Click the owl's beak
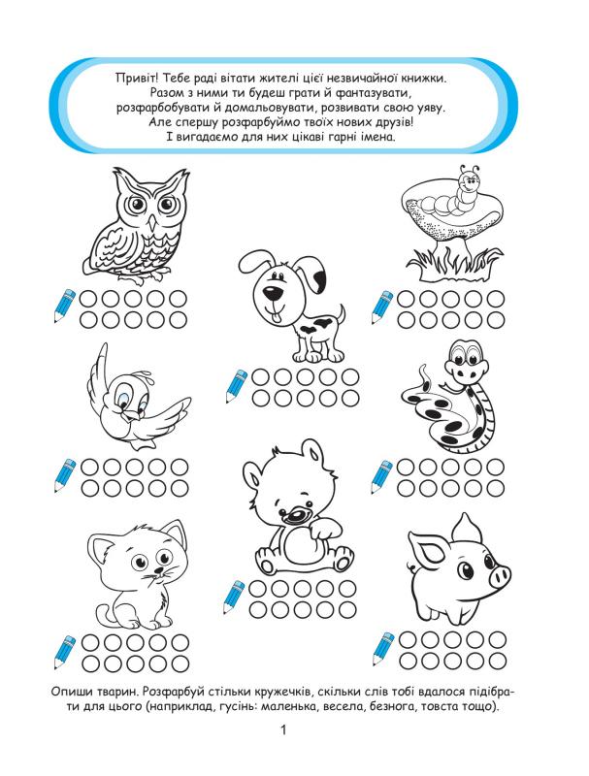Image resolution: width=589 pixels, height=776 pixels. point(152,222)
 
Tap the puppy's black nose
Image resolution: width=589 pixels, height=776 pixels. point(271,293)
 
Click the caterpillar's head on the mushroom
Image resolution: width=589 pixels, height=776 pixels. point(468,183)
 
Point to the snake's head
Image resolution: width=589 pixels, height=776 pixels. point(465,361)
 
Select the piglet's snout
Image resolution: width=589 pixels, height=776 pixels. point(499,576)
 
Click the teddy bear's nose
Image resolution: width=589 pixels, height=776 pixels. point(295,514)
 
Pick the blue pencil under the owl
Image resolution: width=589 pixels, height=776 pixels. point(64,306)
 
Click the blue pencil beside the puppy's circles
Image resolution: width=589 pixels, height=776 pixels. point(236,386)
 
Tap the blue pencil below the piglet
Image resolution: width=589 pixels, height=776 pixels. point(382,649)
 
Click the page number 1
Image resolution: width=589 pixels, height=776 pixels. point(283,730)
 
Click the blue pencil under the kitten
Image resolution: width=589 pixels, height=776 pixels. point(65,652)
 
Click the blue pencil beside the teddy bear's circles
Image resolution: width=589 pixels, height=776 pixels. point(234,597)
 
